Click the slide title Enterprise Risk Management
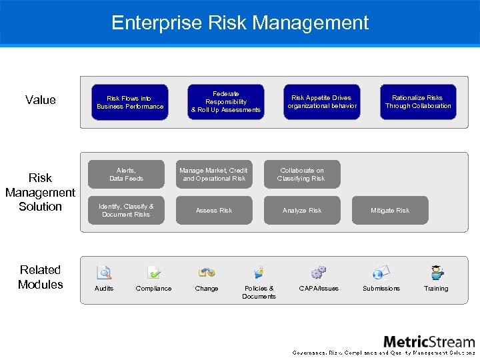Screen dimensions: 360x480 (x=240, y=23)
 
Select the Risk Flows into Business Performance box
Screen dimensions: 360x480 (x=130, y=102)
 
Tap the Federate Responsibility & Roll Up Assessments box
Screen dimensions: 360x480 (x=226, y=102)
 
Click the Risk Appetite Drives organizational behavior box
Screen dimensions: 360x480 (x=322, y=102)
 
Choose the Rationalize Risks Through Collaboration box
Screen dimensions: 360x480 (x=418, y=102)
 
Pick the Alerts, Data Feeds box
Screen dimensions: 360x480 (x=126, y=175)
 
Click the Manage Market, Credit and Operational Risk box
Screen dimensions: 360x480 (x=214, y=175)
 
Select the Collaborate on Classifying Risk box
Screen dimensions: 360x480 (x=302, y=175)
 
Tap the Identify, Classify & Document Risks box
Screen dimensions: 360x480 (x=126, y=210)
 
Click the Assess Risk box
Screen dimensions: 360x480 (x=214, y=210)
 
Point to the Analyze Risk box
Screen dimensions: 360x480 (x=302, y=210)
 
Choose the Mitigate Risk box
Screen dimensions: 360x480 (x=390, y=210)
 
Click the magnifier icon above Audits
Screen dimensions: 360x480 (x=104, y=272)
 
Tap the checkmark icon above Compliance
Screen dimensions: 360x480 (x=153, y=272)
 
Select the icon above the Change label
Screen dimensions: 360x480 (x=207, y=272)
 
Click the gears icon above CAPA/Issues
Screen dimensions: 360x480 (x=319, y=272)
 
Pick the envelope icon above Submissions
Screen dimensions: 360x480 (x=381, y=272)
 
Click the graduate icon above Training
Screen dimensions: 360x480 (x=437, y=272)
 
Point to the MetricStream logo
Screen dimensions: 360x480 (x=429, y=342)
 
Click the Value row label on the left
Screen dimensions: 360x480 (x=41, y=100)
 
